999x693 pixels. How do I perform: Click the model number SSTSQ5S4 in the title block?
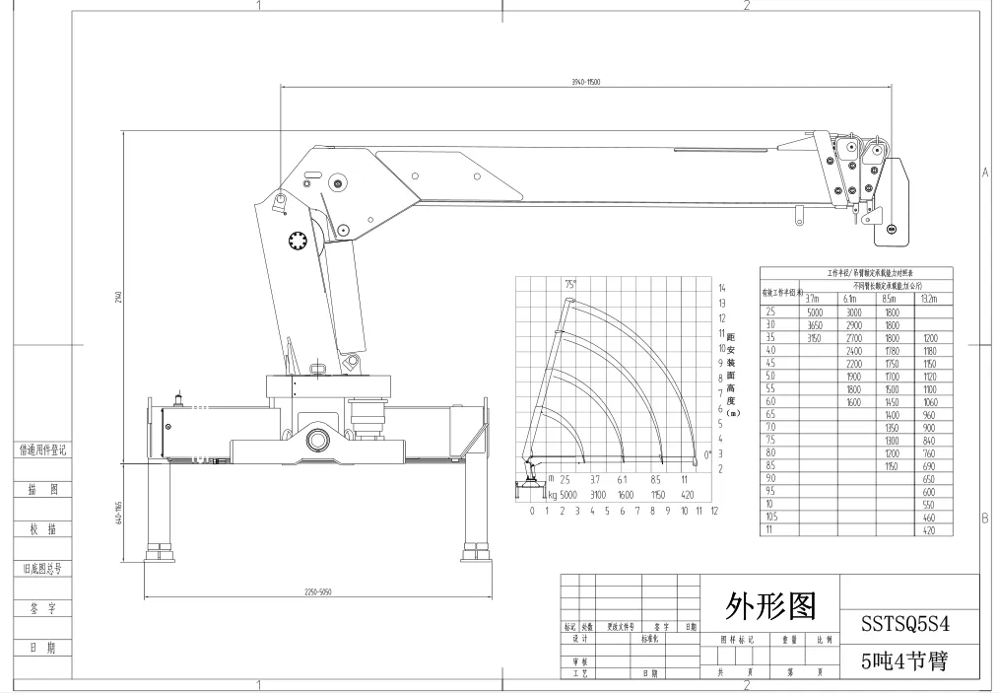904,624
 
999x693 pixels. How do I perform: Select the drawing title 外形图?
770,604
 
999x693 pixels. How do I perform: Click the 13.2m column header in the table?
928,299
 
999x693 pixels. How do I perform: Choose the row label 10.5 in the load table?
771,517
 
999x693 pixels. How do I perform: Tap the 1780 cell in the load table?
892,350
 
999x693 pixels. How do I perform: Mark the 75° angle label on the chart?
569,285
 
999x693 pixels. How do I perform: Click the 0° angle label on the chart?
708,454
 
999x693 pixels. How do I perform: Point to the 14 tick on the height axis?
722,287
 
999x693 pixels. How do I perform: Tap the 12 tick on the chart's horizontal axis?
714,511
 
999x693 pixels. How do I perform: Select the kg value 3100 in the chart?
597,494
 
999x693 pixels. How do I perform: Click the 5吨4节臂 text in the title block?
904,660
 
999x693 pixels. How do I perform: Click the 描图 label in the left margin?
43,489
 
